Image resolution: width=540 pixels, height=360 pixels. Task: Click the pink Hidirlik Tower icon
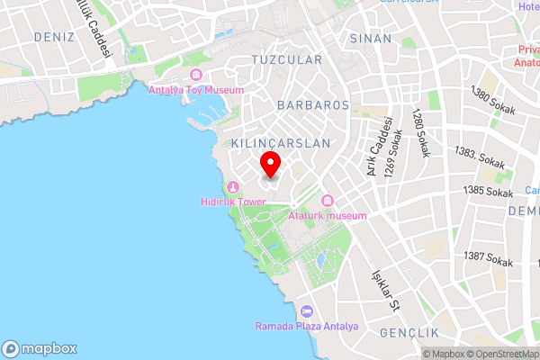(x=233, y=187)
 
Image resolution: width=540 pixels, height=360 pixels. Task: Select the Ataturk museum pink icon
(x=327, y=200)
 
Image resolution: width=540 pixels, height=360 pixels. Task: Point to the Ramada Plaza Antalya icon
(x=307, y=310)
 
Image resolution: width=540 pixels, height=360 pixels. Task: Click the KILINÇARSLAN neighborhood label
(x=281, y=143)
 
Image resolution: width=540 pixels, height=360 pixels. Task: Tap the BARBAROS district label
(x=313, y=105)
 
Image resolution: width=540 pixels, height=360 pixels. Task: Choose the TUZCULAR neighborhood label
(x=287, y=59)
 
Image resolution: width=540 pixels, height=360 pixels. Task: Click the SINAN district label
(x=370, y=39)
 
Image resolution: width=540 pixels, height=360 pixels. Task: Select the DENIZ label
(x=52, y=37)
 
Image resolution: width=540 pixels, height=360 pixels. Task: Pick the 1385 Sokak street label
(x=488, y=191)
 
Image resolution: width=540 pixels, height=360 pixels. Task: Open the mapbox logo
(x=40, y=348)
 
